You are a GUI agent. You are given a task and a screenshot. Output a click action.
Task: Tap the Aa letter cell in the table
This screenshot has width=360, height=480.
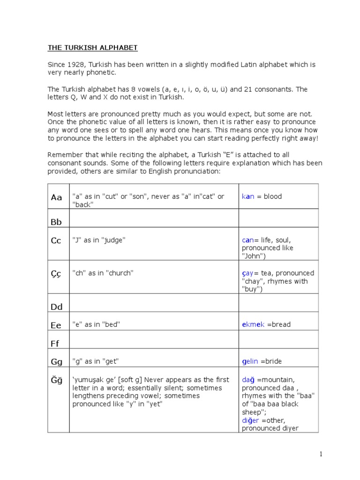coord(56,197)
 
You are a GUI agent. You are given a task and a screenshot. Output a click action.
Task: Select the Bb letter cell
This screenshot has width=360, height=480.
coord(56,222)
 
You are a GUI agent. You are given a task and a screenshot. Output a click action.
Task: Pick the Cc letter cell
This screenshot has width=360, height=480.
coord(56,240)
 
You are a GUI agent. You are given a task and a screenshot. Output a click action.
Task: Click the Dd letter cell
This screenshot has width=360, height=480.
coord(56,307)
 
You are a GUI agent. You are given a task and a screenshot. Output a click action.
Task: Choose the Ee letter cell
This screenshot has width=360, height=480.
coord(56,325)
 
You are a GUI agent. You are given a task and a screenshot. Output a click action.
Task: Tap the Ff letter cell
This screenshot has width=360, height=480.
coord(56,343)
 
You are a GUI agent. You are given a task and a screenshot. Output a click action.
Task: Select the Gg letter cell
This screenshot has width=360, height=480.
coord(56,361)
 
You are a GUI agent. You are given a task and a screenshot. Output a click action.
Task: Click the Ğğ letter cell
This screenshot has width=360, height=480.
coord(56,380)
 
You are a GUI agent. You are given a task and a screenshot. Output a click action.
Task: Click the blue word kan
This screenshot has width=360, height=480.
coord(248,196)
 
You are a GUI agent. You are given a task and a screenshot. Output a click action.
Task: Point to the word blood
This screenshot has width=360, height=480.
coord(273,196)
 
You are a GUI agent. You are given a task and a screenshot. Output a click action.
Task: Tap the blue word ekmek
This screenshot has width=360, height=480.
coord(253,324)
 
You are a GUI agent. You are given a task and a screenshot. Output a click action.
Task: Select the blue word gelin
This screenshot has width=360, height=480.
coord(251,361)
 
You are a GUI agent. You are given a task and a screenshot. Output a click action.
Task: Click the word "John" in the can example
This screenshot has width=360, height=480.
coord(253,256)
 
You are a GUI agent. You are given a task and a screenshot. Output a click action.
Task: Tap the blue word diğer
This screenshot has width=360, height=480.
coord(250,420)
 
